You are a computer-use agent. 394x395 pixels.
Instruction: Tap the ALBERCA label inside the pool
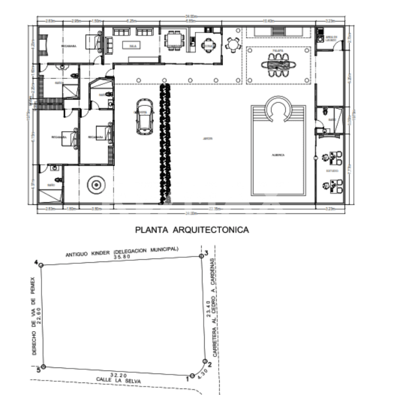[x=278, y=155]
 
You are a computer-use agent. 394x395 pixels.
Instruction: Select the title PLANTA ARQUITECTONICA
[x=192, y=229]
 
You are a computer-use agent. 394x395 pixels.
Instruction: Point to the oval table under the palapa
[x=278, y=64]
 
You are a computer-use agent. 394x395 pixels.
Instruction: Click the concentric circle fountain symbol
[x=95, y=185]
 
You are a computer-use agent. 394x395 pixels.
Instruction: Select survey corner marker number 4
[x=40, y=264]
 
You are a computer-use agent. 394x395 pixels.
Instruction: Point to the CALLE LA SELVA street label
[x=120, y=381]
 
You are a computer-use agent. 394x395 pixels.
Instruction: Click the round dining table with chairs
[x=232, y=43]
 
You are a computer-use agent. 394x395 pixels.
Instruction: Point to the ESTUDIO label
[x=332, y=171]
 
